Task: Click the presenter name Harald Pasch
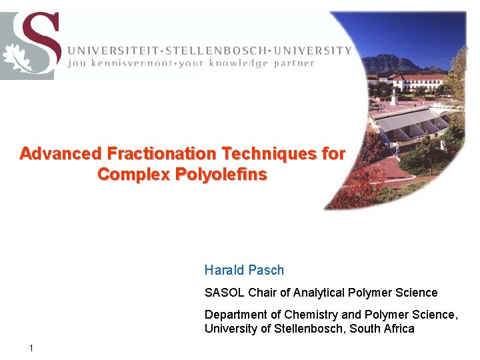tap(244, 270)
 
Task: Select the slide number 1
tap(32, 348)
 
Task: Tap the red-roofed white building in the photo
tap(420, 81)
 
